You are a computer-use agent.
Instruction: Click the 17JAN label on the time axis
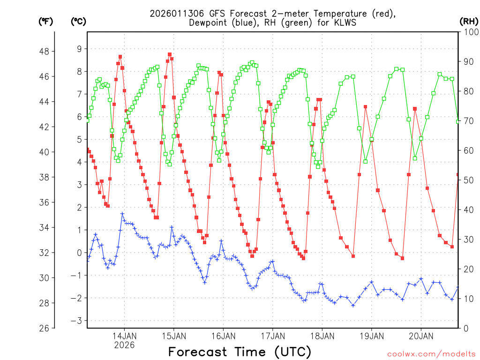[x=272, y=336]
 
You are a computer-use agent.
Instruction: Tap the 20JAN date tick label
[x=420, y=336]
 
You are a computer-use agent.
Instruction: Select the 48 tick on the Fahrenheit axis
[x=46, y=51]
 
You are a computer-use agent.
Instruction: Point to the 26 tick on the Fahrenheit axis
[x=46, y=328]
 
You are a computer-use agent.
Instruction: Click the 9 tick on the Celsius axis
[x=79, y=49]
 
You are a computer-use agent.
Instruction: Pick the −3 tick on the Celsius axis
[x=77, y=321]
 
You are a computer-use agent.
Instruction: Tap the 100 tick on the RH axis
[x=470, y=32]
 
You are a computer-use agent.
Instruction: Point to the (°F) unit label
[x=45, y=21]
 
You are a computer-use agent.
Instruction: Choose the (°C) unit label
[x=78, y=21]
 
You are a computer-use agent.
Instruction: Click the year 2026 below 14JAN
[x=124, y=345]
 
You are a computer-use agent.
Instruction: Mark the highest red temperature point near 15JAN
[x=170, y=54]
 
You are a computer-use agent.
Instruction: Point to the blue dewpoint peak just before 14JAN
[x=122, y=214]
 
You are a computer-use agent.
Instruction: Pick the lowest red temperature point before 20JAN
[x=402, y=258]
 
